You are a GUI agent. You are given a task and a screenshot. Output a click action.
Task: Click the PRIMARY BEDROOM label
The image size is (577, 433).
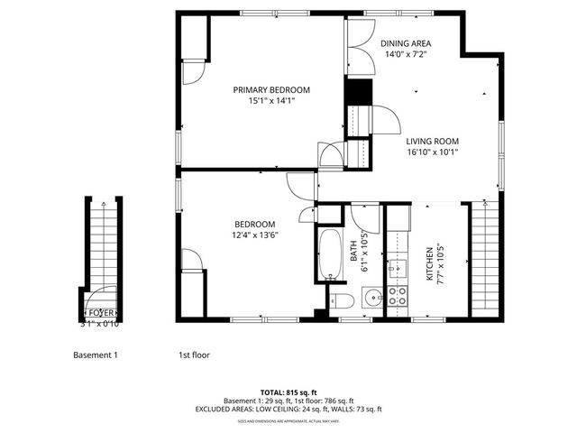coord(271,89)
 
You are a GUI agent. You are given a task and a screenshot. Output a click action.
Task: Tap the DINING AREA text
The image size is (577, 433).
coord(405,42)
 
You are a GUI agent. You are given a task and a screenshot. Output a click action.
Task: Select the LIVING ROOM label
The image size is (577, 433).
coord(432,141)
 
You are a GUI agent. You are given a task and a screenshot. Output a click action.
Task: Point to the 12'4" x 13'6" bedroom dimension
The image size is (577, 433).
coord(255,236)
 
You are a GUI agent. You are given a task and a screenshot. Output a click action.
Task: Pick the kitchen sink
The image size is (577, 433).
coord(398,268)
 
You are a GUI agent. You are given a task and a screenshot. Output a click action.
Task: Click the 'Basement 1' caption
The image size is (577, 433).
coord(96,355)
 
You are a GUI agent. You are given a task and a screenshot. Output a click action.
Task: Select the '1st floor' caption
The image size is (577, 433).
coord(194,355)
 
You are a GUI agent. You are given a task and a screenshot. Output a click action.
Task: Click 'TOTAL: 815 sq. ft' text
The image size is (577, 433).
coord(289,392)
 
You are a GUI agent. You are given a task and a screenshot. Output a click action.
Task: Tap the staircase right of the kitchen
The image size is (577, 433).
coord(484,262)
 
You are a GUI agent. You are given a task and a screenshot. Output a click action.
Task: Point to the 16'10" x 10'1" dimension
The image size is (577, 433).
coord(432,152)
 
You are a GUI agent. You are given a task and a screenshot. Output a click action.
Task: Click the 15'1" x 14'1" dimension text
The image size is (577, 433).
coord(271,101)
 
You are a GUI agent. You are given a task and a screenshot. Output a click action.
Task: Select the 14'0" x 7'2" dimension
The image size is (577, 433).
coord(405,54)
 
